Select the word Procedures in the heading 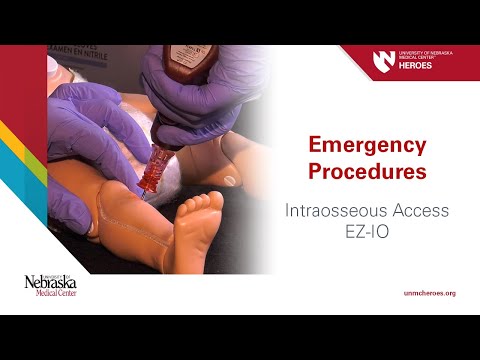[366, 171]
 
